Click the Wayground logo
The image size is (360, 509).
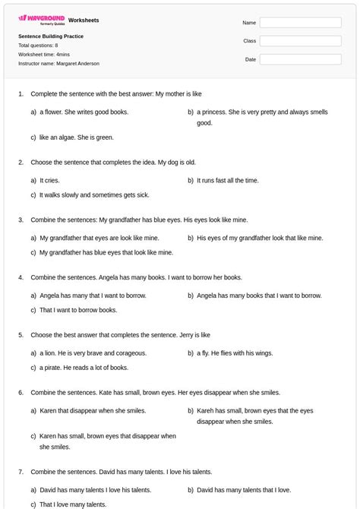coord(41,18)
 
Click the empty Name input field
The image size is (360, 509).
coord(300,23)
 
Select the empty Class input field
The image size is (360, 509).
coord(300,41)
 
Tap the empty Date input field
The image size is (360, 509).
coord(300,59)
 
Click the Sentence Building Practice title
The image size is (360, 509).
coord(51,36)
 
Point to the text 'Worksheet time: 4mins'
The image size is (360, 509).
coord(45,55)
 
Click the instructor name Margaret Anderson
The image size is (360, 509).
coord(58,64)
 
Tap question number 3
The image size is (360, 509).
coord(21,220)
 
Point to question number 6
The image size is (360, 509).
coord(21,393)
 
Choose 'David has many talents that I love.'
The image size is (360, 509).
coord(244,490)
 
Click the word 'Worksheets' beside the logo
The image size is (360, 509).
coord(84,20)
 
